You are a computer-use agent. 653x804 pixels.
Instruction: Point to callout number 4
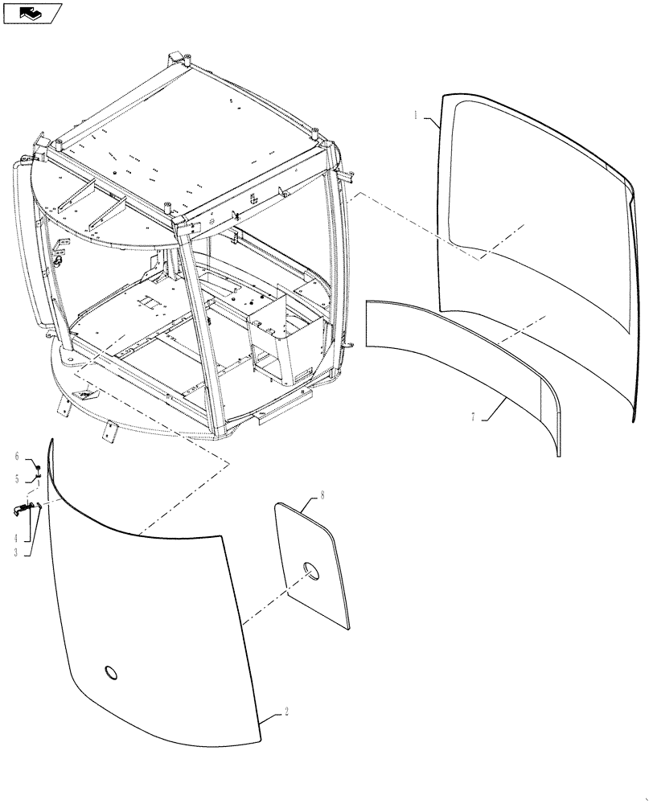pyautogui.click(x=15, y=536)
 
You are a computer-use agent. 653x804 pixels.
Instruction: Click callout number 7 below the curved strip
pyautogui.click(x=474, y=417)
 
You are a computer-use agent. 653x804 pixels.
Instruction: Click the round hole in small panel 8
pyautogui.click(x=310, y=570)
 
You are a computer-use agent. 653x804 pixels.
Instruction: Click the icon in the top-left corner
pyautogui.click(x=33, y=12)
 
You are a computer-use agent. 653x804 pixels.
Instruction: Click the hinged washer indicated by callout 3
pyautogui.click(x=39, y=505)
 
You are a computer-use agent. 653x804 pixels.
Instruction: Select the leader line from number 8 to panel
pyautogui.click(x=313, y=503)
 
